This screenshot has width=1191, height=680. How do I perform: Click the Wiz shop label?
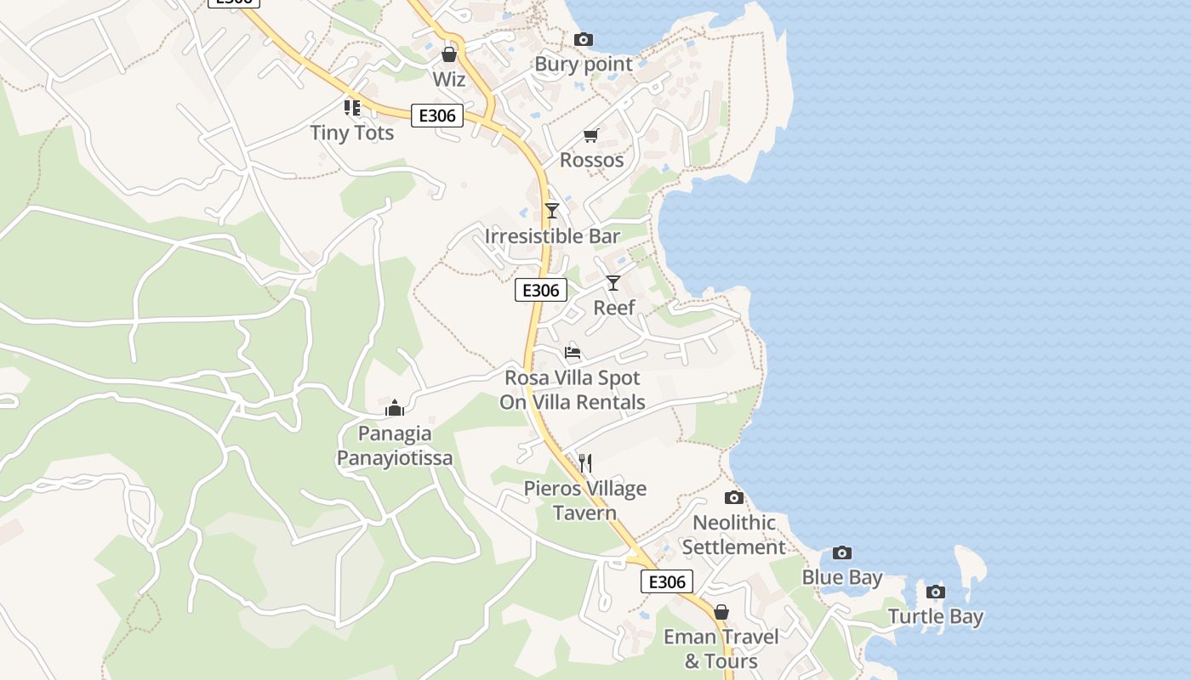tap(448, 79)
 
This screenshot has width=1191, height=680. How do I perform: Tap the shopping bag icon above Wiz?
tap(448, 55)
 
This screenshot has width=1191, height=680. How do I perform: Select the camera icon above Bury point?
tap(583, 39)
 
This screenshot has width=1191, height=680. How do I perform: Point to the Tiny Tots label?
tap(351, 133)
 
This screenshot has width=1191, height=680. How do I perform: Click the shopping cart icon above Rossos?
tap(590, 136)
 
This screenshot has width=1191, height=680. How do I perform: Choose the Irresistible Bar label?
tap(552, 235)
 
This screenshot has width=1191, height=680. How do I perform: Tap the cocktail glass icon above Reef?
tap(613, 283)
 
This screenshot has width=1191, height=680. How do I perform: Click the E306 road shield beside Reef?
tap(540, 291)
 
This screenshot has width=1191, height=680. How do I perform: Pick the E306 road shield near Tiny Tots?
tap(436, 116)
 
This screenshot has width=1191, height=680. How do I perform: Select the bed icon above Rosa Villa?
tap(573, 352)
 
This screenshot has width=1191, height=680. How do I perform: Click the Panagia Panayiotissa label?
tap(395, 445)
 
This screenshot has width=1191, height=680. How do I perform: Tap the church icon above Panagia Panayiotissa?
tap(394, 409)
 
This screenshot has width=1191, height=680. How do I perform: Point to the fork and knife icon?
tap(584, 463)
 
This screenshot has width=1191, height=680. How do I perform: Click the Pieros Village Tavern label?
tap(584, 501)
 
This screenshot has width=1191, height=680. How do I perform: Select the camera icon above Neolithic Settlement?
tap(733, 498)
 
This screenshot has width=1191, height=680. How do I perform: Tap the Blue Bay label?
tap(842, 578)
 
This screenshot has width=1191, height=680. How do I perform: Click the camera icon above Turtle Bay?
tap(935, 592)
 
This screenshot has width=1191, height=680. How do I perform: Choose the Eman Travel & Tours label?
tap(721, 649)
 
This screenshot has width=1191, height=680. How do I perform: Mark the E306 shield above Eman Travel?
tap(666, 581)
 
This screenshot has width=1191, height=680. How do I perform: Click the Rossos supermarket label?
tap(591, 160)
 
